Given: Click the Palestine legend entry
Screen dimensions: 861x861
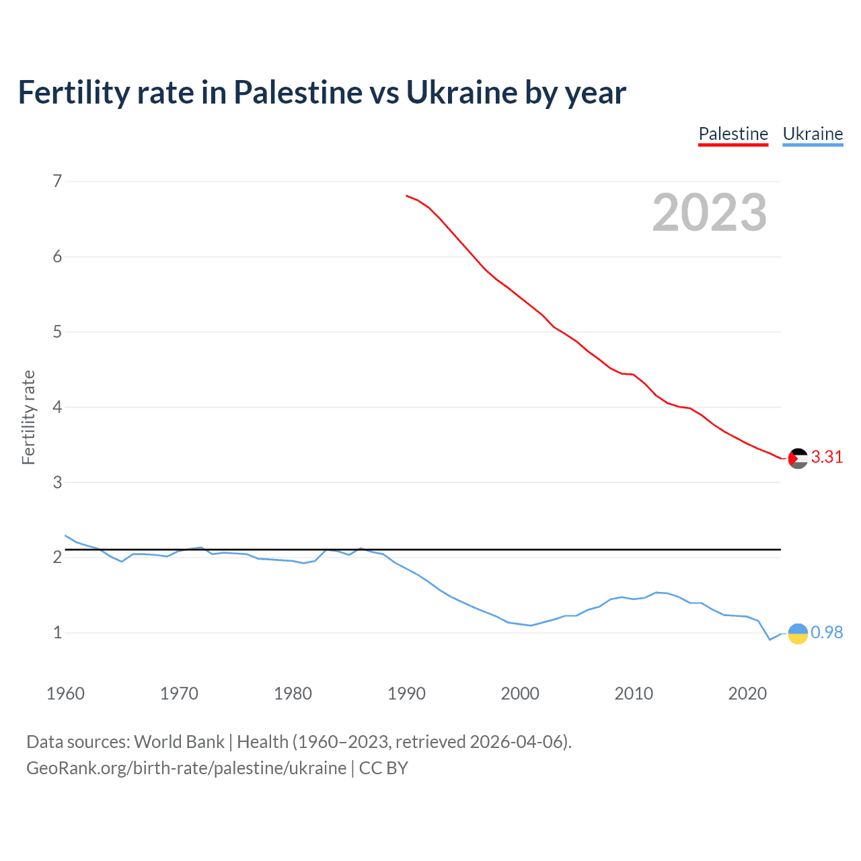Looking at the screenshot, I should pos(733,134).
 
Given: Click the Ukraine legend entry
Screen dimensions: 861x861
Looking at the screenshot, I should pos(813,134).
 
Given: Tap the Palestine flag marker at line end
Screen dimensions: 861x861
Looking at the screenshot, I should pos(798,458).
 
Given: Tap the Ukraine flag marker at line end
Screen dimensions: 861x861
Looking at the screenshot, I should pos(798,634).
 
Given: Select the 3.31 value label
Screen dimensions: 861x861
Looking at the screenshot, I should pos(827,457).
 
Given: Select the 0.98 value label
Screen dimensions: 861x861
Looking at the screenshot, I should pos(827,633).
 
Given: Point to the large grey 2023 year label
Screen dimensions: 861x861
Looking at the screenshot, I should pos(709,213).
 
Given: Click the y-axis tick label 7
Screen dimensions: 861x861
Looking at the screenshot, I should pos(57,181).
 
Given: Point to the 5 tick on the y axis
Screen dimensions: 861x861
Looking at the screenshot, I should pos(57,332).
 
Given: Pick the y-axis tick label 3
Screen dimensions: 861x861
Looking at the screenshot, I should pos(57,482).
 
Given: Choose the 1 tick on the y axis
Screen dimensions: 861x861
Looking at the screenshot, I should pos(57,633).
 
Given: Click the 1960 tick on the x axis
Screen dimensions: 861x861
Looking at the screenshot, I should pos(65,694).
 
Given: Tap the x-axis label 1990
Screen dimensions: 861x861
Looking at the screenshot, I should pos(406,694).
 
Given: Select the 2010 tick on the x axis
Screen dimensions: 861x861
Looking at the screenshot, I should pos(634,694).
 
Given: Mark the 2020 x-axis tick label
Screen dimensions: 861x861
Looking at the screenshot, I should pos(747,694).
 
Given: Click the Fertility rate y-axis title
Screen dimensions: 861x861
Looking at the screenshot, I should pos(28,417).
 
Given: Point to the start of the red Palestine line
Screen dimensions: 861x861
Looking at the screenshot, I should pos(407,196).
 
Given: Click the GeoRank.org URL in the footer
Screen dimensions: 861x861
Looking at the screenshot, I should pos(186,768).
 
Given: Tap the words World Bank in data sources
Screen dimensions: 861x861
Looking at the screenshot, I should pos(179,742).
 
